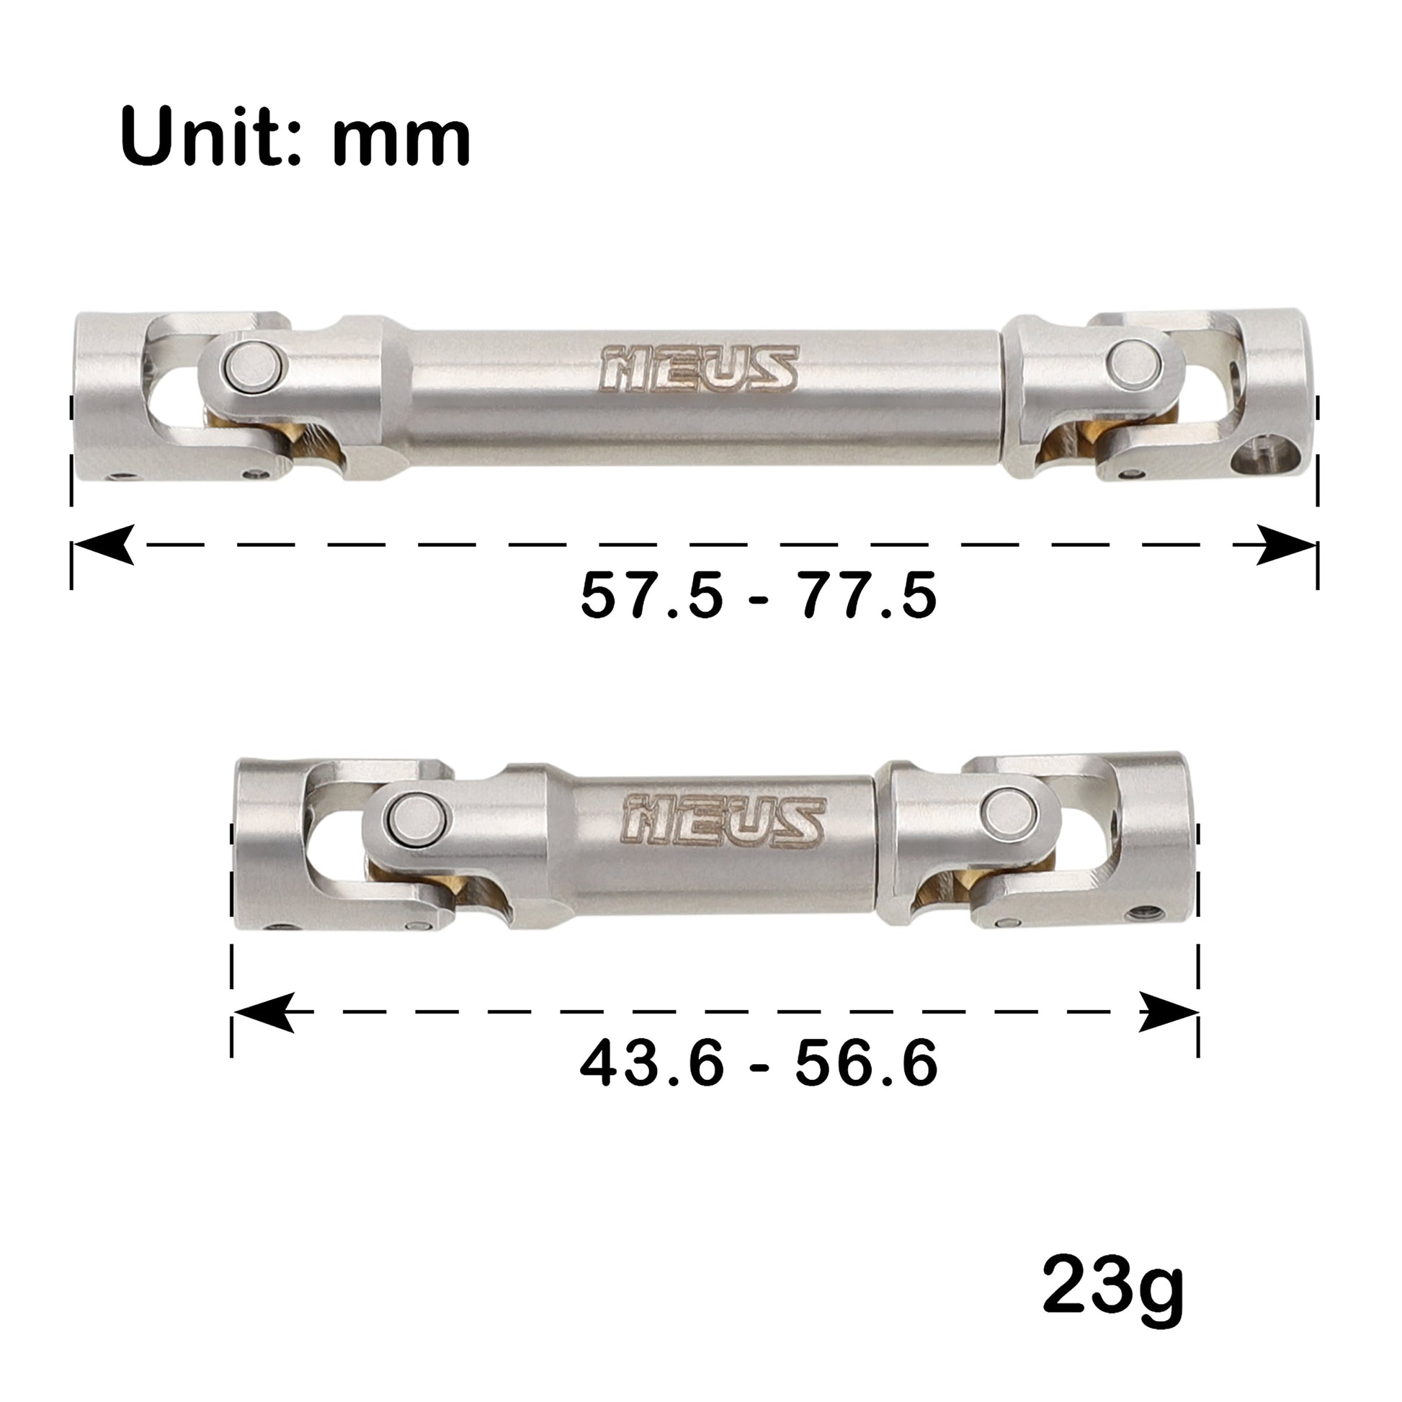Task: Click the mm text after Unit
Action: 402,138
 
